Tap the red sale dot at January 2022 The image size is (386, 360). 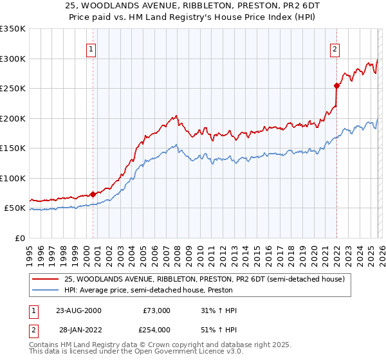336,85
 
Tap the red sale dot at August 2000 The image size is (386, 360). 93,194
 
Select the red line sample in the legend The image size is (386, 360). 46,279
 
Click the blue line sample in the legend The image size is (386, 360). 46,290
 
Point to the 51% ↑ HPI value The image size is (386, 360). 219,329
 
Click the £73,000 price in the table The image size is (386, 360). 156,310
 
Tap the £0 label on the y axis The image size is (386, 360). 19,238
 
